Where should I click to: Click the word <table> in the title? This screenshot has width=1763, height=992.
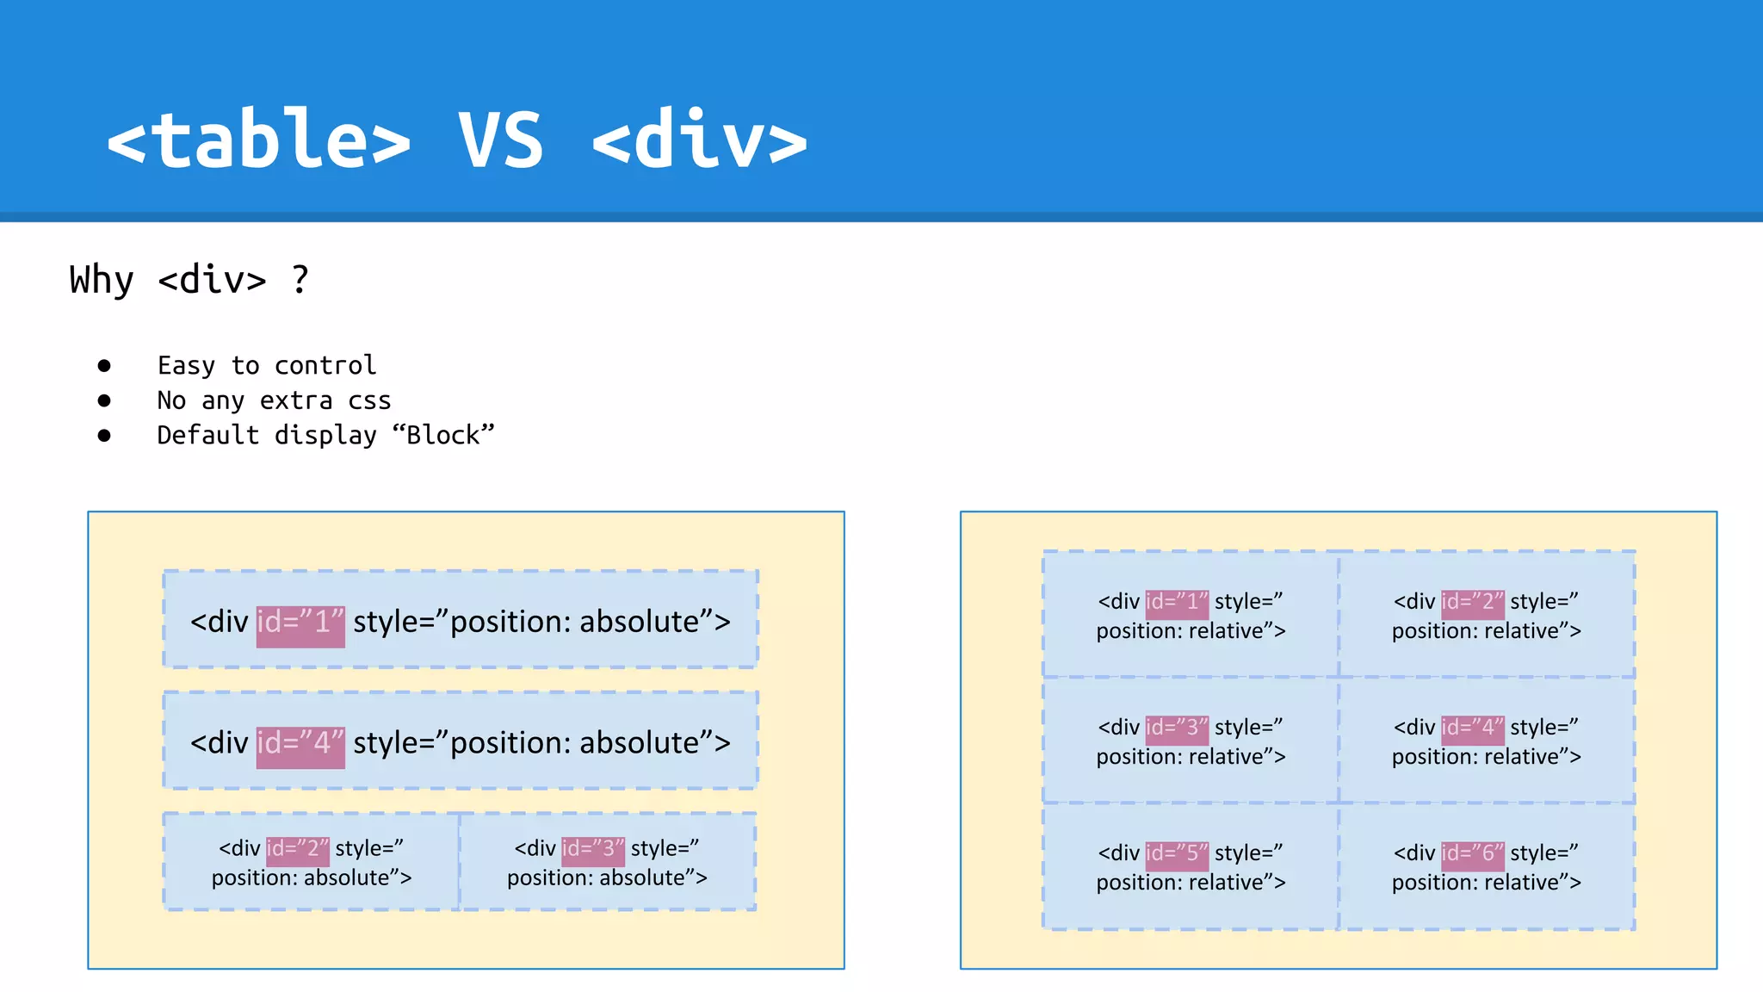258,139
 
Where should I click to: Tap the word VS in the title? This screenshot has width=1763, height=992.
501,139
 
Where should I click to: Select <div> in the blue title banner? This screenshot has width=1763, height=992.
700,139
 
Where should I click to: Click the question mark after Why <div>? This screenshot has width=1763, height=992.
300,280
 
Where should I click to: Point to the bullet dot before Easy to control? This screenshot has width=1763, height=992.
104,366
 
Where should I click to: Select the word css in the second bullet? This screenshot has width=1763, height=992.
369,401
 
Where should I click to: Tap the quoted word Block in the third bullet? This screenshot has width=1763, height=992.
443,436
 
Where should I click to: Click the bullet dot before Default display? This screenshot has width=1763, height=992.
104,436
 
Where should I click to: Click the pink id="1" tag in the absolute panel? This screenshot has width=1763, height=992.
300,623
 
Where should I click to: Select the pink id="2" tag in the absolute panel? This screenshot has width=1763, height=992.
297,850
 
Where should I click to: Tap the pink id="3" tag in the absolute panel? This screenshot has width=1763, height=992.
592,850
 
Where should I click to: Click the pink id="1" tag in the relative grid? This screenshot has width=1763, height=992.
1177,603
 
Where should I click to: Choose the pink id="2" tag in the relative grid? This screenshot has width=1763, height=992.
1473,603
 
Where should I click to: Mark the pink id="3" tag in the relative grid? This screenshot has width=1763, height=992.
1177,728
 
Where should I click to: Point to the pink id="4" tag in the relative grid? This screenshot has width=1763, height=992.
1473,728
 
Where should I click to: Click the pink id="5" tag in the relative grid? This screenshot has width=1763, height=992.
1177,854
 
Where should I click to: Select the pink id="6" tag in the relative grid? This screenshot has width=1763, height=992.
1473,854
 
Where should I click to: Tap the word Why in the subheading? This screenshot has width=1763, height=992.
102,280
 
